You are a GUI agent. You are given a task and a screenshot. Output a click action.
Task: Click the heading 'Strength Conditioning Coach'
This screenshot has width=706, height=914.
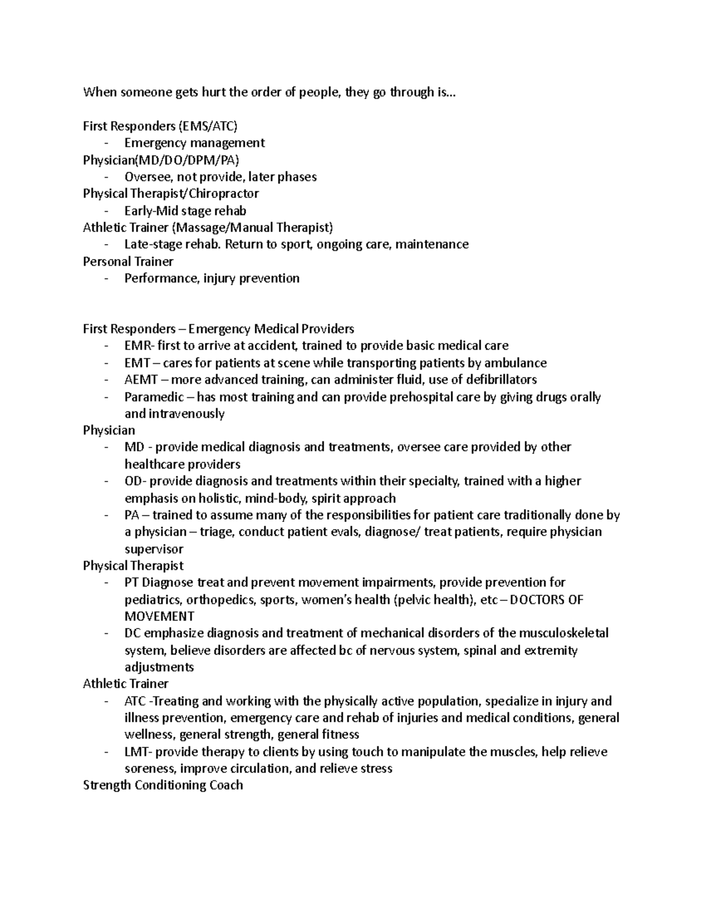[163, 785]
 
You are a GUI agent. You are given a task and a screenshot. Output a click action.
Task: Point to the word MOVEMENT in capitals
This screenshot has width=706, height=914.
[159, 616]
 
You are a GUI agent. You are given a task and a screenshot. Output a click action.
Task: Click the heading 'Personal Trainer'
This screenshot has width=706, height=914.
[128, 261]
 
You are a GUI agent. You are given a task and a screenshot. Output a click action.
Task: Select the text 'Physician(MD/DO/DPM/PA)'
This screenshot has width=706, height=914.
[161, 159]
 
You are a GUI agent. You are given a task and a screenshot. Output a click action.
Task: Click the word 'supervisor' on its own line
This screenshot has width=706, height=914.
[154, 549]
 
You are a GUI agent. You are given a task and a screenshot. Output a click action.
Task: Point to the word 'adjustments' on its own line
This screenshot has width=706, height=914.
[159, 667]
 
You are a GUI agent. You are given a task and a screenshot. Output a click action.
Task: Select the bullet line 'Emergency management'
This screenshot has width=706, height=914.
[194, 142]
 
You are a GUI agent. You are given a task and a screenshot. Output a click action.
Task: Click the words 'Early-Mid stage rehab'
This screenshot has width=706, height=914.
[185, 211]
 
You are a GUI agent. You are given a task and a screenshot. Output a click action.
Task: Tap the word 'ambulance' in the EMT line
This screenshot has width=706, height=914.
[515, 363]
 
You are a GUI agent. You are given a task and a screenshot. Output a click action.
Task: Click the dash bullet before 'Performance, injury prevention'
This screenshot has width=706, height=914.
[105, 278]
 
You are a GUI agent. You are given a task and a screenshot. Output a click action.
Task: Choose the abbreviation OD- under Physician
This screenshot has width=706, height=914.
[134, 481]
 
